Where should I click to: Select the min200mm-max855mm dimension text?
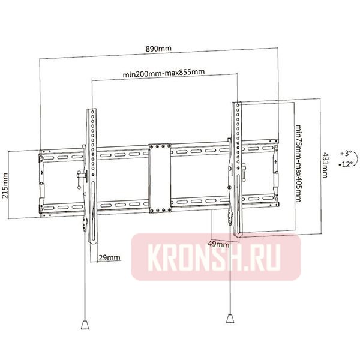point(163,73)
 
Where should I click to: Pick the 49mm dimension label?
point(218,244)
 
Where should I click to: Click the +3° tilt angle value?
point(346,153)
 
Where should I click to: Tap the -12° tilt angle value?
point(346,163)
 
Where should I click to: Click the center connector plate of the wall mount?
point(160,178)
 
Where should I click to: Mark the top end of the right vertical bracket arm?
point(237,105)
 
